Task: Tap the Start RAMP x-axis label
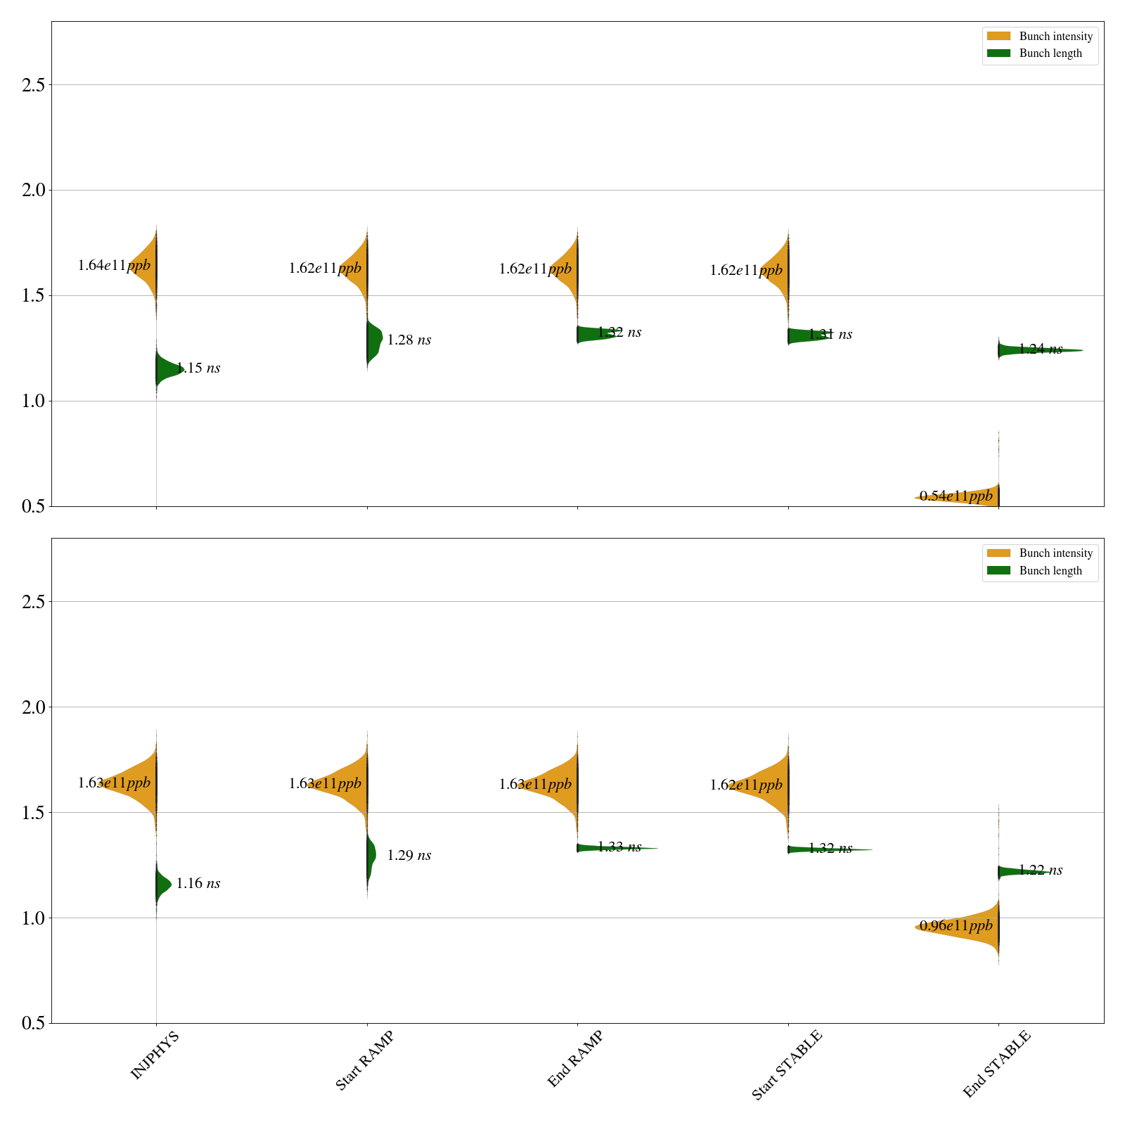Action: click(x=364, y=1060)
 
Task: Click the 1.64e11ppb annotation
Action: click(x=114, y=266)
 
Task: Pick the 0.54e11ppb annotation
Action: click(x=956, y=496)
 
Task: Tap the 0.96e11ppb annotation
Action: click(x=956, y=926)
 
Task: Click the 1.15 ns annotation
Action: click(x=198, y=368)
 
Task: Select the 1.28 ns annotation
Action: click(x=409, y=340)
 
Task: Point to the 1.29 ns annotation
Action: click(x=409, y=856)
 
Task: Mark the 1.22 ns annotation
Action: click(x=1041, y=870)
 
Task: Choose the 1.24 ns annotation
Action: click(x=1041, y=349)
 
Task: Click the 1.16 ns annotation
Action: click(x=198, y=884)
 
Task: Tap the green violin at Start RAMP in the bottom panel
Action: click(x=371, y=856)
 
